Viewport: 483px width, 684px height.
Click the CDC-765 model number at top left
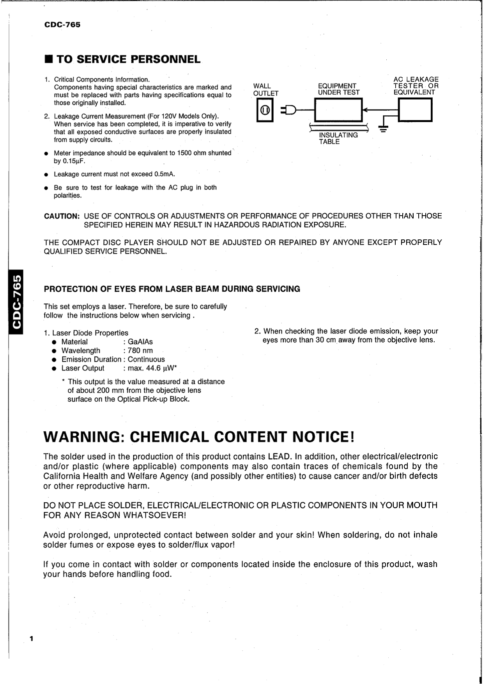62,25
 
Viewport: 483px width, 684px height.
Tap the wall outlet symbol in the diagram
265,110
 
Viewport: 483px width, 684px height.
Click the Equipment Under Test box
338,110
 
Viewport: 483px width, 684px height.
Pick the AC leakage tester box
415,110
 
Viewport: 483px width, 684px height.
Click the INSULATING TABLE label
338,138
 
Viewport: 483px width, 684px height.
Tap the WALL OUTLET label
265,90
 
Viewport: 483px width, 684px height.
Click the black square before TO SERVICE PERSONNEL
48,59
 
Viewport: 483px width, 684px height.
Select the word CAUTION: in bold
62,216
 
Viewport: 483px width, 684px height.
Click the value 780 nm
140,351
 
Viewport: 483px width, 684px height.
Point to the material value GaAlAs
140,342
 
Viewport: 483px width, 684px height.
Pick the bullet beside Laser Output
55,369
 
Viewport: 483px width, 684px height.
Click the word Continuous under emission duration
146,360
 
